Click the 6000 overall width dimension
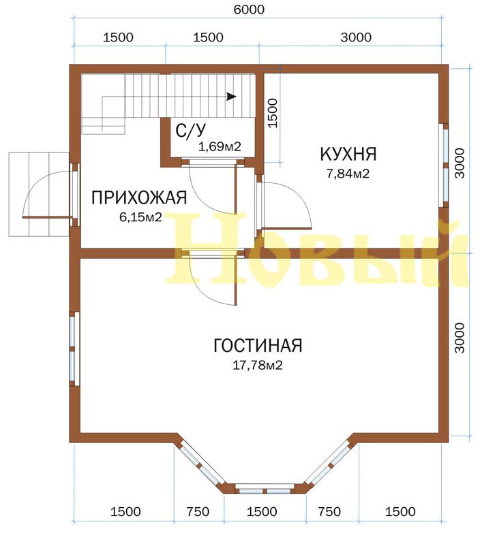(x=249, y=10)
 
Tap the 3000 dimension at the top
(x=356, y=37)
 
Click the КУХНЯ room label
(x=348, y=154)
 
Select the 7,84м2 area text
(x=348, y=174)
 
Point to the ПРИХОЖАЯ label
(x=139, y=197)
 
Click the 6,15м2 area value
(x=140, y=216)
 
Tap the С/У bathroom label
(x=191, y=130)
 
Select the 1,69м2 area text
(x=220, y=146)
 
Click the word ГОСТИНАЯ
(x=258, y=345)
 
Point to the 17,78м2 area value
(x=258, y=366)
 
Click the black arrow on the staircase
(x=232, y=97)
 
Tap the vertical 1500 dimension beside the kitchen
(x=273, y=113)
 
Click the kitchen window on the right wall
(x=445, y=165)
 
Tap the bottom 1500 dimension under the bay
(x=262, y=512)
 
